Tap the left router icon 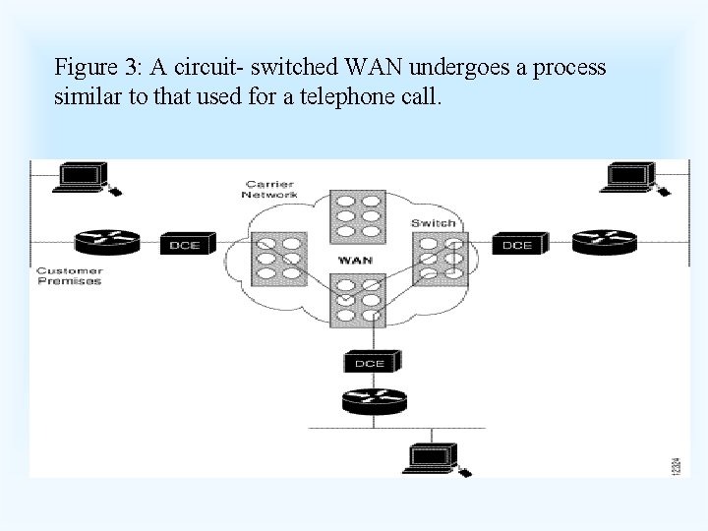coord(105,242)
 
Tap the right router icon coord(604,241)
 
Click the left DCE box coord(184,244)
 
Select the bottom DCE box coord(370,362)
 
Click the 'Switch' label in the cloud coord(434,223)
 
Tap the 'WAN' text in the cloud coord(354,261)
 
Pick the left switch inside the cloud coord(279,259)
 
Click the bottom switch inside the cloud coord(355,300)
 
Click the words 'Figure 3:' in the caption coord(98,68)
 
